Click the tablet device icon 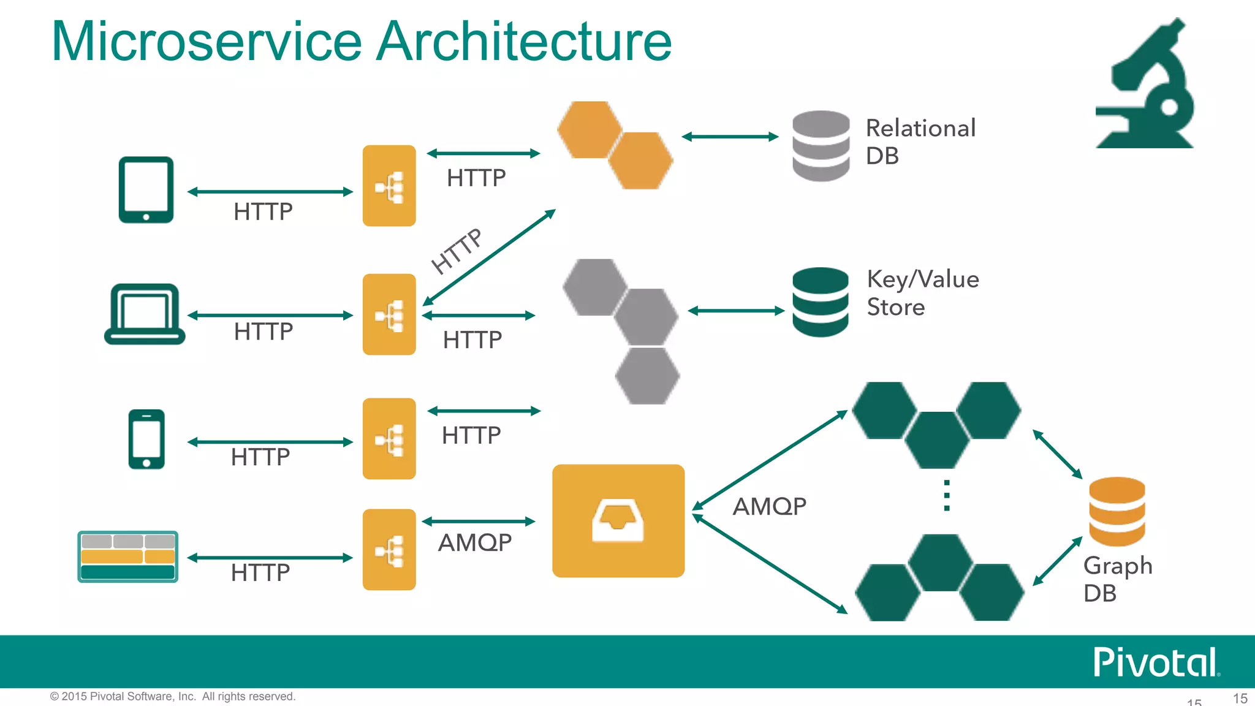tap(146, 189)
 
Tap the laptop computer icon tap(145, 313)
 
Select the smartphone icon tap(146, 439)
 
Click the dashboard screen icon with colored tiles tap(127, 556)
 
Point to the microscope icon tap(1145, 86)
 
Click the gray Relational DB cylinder tap(821, 146)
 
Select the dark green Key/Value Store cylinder tap(820, 302)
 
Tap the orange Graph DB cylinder tap(1117, 511)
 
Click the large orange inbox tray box tap(618, 520)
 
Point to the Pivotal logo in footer tap(1156, 662)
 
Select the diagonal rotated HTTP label tap(457, 251)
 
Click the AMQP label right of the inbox tap(770, 506)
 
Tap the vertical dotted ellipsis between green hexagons tap(947, 495)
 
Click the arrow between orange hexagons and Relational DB tap(730, 137)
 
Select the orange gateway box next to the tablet tap(389, 186)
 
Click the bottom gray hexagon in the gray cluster tap(647, 376)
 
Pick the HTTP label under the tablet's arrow tap(263, 211)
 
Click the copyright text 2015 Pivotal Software tap(173, 696)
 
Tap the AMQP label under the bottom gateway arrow tap(475, 542)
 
